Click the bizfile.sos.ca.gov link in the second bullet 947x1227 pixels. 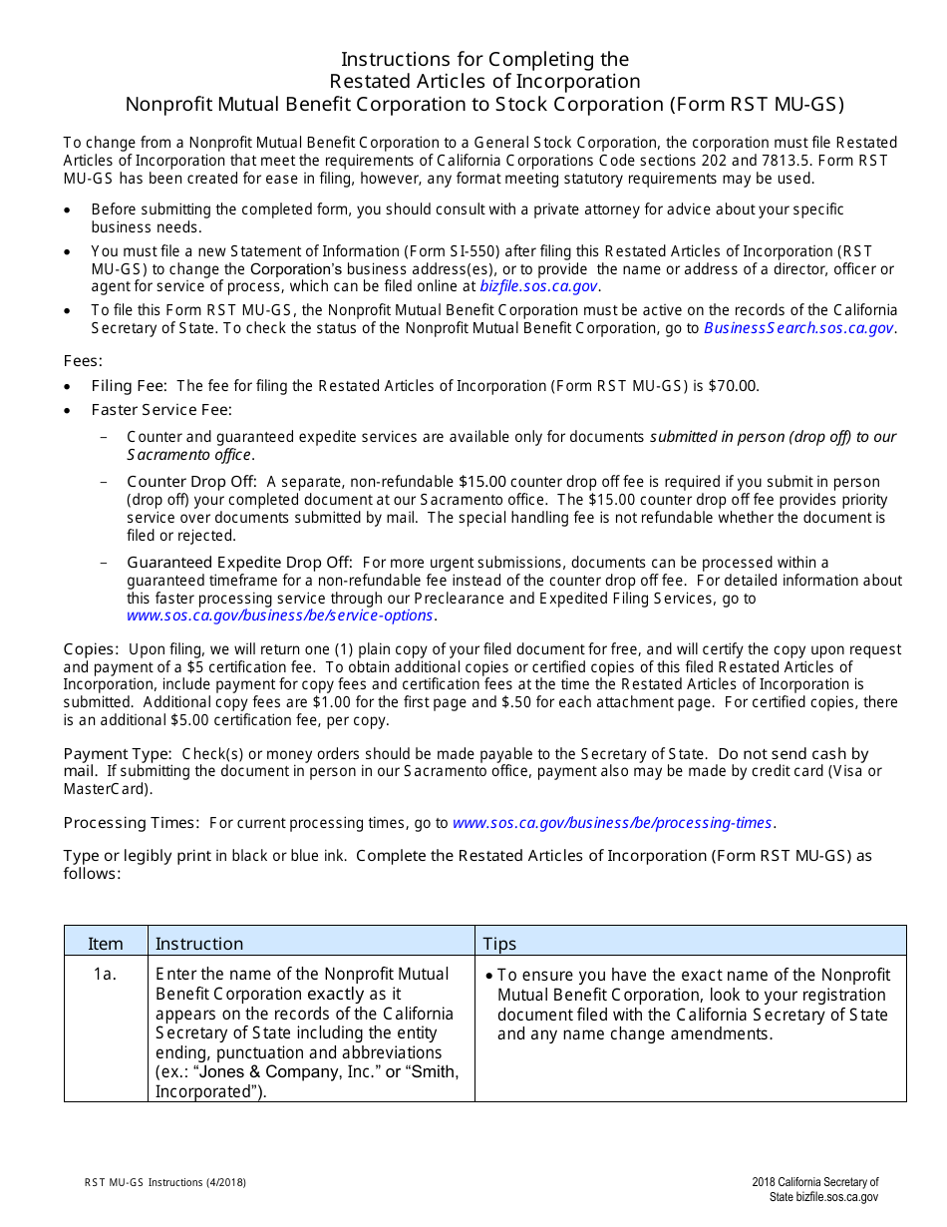[539, 286]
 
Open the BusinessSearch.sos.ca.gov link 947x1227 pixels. [798, 328]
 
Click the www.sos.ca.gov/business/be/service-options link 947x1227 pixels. [280, 615]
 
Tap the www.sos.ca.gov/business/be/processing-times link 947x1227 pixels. [613, 823]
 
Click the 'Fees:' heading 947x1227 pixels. [83, 361]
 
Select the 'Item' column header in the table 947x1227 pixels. [106, 944]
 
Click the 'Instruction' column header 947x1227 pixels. [199, 944]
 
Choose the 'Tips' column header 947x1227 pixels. [500, 944]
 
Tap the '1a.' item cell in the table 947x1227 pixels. [106, 975]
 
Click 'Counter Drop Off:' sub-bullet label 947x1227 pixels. [192, 482]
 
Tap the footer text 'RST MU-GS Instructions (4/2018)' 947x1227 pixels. [165, 1183]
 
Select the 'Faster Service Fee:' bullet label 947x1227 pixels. [161, 410]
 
